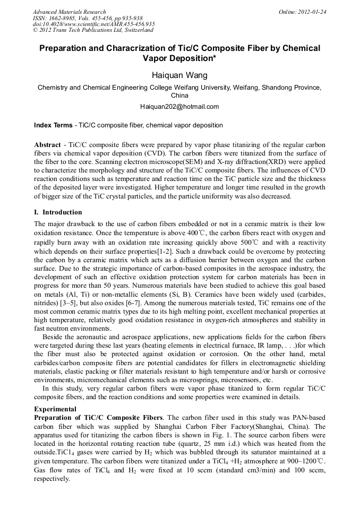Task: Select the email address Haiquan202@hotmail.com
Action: pyautogui.click(x=179, y=107)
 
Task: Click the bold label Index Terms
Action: pyautogui.click(x=53, y=125)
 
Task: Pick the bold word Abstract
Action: pyautogui.click(x=47, y=145)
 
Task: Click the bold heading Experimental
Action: pyautogui.click(x=55, y=409)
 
